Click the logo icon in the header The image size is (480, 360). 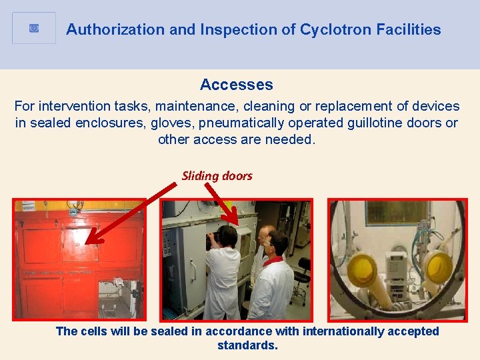click(34, 29)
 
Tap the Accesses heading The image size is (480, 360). click(236, 85)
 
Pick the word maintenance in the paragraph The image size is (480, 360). click(200, 106)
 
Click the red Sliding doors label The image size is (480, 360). click(217, 176)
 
